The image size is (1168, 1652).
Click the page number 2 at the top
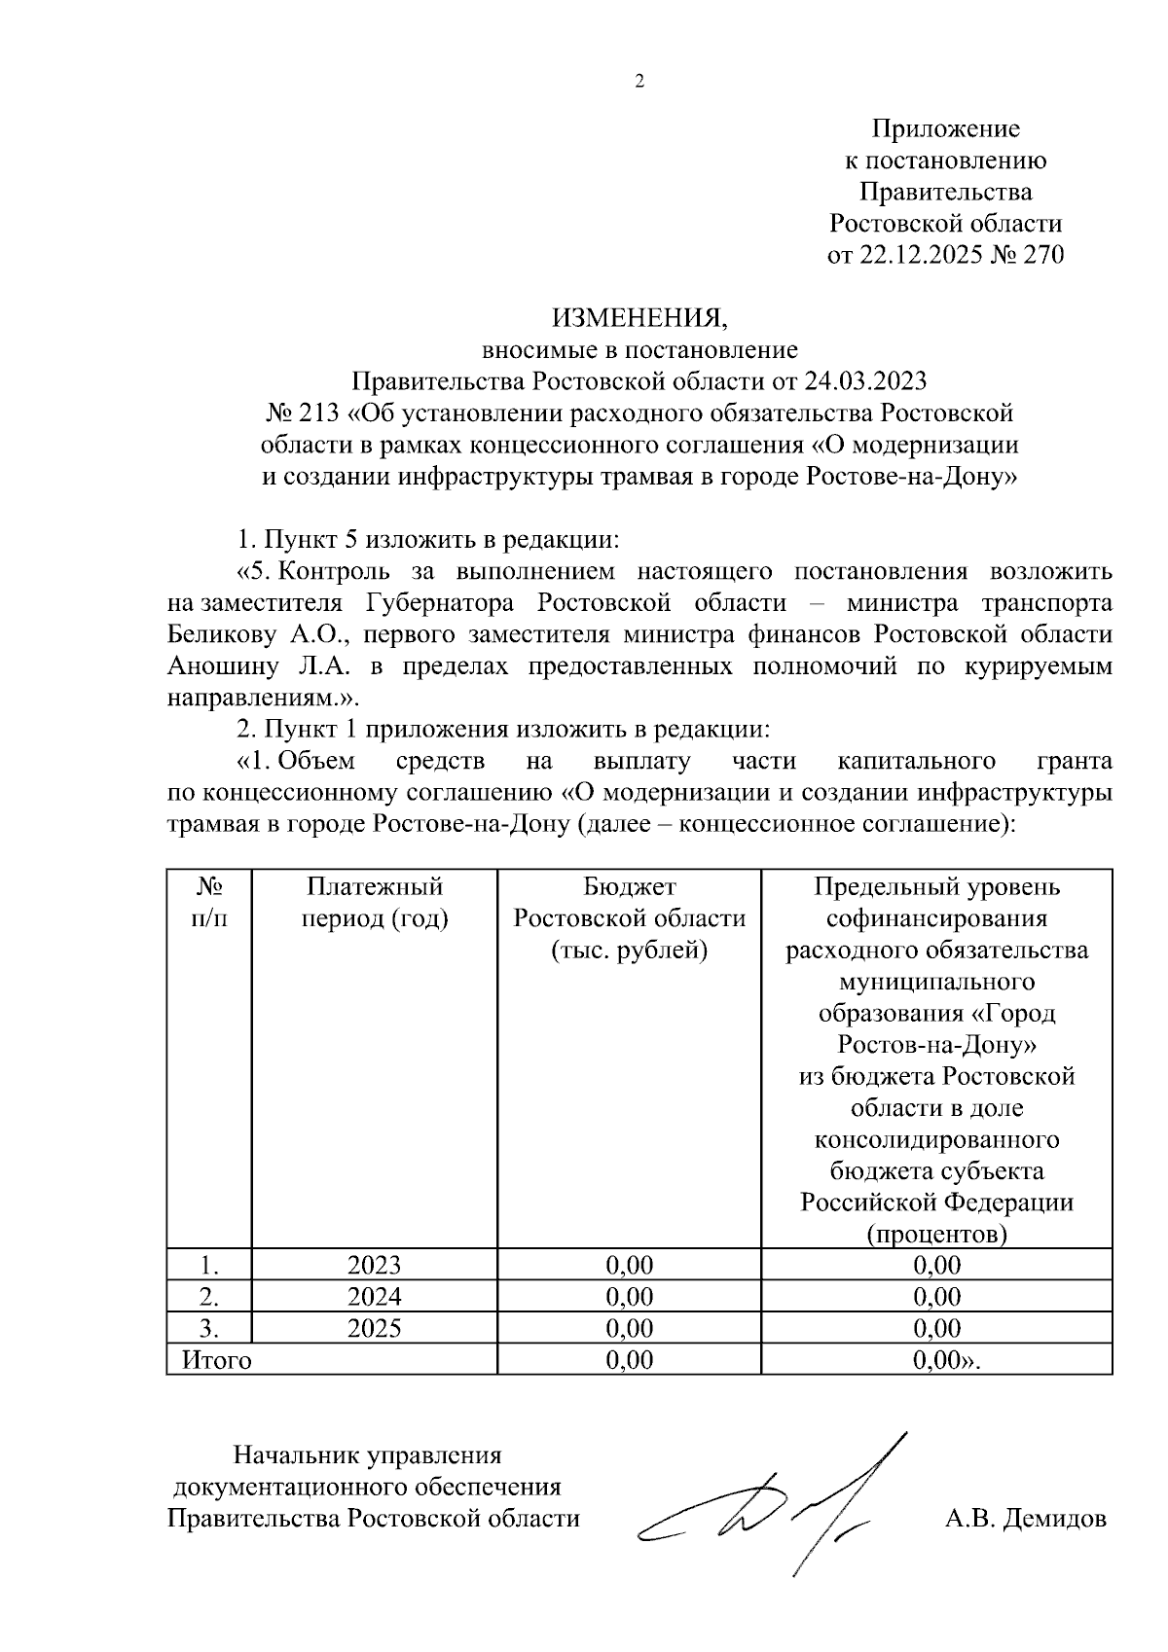[639, 82]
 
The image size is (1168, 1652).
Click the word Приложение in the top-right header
[945, 128]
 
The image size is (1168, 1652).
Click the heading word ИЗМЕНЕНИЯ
[639, 318]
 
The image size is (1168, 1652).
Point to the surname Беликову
[222, 635]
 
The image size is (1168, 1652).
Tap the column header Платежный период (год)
[375, 902]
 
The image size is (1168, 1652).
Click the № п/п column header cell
[209, 902]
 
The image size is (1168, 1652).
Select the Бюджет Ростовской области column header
[629, 917]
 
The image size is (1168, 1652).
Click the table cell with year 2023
[375, 1265]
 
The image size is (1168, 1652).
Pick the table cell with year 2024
[375, 1296]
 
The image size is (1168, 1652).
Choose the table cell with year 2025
[375, 1328]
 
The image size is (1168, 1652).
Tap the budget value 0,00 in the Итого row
[629, 1359]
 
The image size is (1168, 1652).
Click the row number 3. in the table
[208, 1328]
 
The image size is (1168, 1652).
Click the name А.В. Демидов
[1026, 1518]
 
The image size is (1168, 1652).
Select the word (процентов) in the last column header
[936, 1234]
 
